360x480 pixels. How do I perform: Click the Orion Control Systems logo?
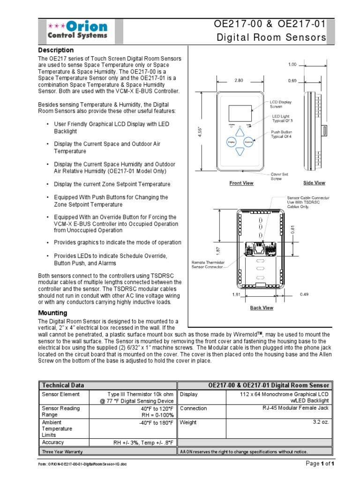[x=77, y=30]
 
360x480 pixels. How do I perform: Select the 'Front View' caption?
[x=241, y=183]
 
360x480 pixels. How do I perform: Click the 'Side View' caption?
[x=314, y=183]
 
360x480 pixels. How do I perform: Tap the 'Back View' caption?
[x=262, y=308]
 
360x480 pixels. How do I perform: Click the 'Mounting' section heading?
[x=52, y=313]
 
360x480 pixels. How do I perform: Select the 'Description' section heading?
[x=56, y=50]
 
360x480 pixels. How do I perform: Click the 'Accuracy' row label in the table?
[x=53, y=442]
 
